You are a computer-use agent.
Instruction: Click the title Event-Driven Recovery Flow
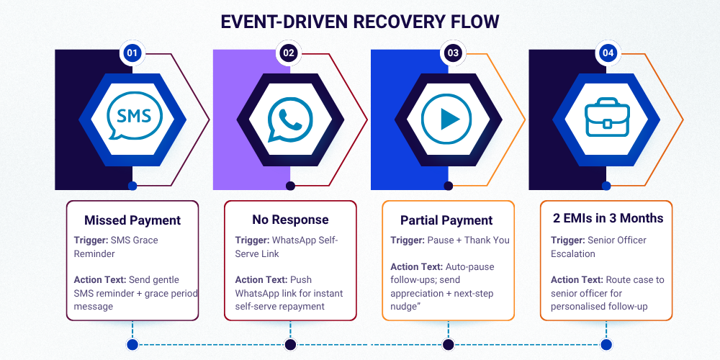(359, 21)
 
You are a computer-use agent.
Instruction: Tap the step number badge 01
(132, 53)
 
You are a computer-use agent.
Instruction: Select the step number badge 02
(289, 53)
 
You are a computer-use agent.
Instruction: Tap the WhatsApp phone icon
(290, 119)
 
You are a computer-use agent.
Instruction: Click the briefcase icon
(608, 118)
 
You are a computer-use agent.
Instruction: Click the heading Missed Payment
(132, 220)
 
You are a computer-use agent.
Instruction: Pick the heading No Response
(290, 220)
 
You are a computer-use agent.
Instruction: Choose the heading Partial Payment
(446, 220)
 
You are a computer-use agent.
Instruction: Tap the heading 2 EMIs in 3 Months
(608, 217)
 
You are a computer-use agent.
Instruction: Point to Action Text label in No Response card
(261, 279)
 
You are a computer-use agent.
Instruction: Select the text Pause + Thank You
(468, 240)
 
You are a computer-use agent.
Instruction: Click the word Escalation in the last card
(573, 253)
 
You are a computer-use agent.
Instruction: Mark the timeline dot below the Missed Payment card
(132, 345)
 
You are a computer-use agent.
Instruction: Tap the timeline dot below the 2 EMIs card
(608, 345)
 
